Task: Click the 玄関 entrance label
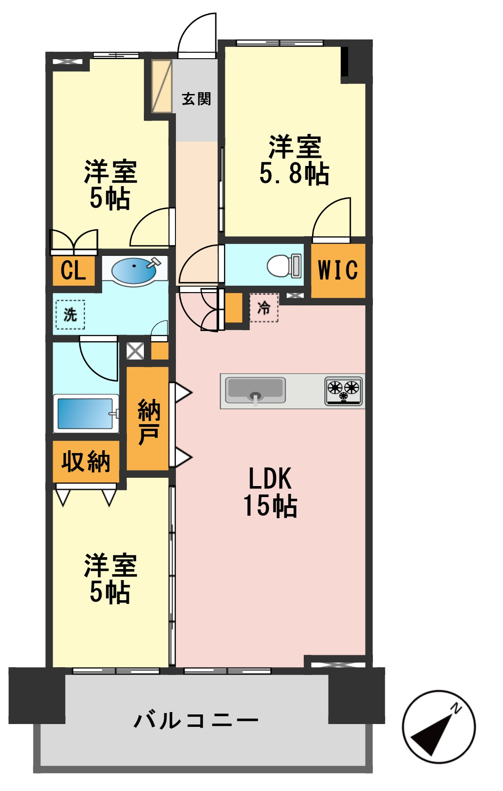click(x=196, y=99)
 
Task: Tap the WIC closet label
click(x=338, y=270)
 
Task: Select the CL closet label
click(x=73, y=271)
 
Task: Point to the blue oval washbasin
click(x=134, y=271)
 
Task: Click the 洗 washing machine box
click(x=70, y=315)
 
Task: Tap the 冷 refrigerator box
click(x=264, y=308)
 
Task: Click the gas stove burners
click(x=344, y=391)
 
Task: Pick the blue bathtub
click(x=85, y=414)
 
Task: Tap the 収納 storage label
click(x=86, y=461)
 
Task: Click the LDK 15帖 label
click(x=270, y=492)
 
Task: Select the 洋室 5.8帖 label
click(x=295, y=160)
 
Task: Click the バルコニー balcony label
click(x=196, y=720)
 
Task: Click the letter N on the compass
click(x=456, y=708)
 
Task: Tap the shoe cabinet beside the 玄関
click(x=161, y=86)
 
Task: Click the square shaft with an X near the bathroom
click(x=135, y=351)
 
